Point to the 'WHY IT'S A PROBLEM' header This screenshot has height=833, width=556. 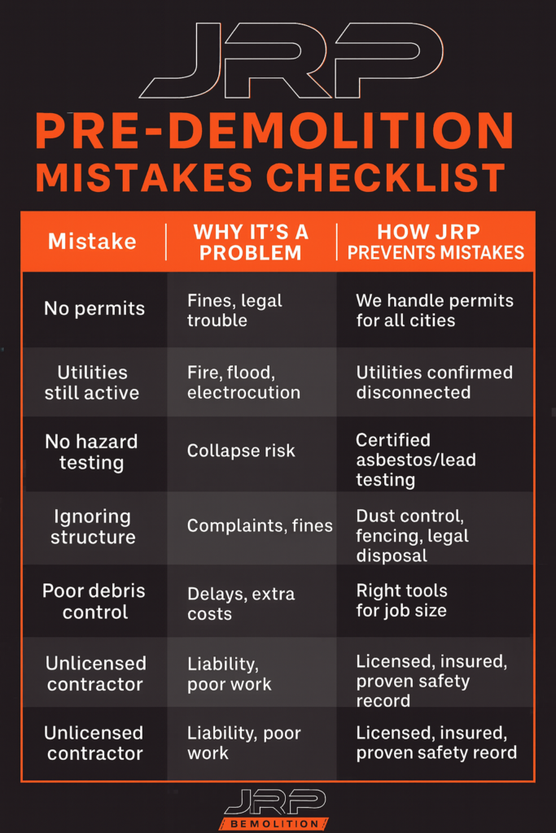tap(251, 242)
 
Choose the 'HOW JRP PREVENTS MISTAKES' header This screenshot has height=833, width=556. tap(436, 242)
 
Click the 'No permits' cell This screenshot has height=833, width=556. tap(94, 309)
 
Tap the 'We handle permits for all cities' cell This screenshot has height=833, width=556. tap(435, 310)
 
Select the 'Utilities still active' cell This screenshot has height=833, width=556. tap(92, 382)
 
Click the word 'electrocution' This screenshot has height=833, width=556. tap(243, 393)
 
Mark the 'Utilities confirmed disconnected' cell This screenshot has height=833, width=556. tap(435, 382)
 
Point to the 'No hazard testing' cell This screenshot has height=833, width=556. tap(91, 452)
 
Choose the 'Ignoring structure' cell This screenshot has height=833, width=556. tap(92, 526)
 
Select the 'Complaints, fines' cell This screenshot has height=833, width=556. tap(260, 526)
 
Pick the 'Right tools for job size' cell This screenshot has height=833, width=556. tap(401, 600)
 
